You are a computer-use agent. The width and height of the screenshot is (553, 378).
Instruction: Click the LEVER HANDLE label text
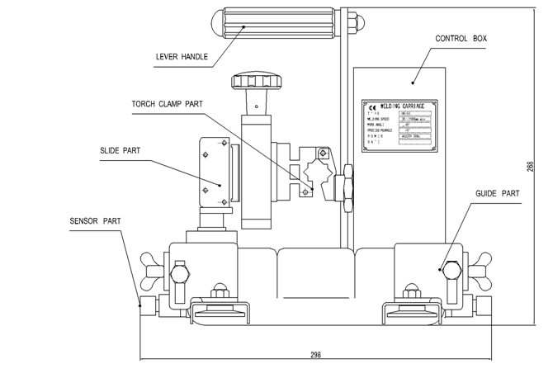(x=182, y=58)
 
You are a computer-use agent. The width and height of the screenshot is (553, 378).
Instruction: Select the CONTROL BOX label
(x=461, y=39)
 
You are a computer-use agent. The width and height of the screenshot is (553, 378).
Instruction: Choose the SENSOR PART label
(x=95, y=221)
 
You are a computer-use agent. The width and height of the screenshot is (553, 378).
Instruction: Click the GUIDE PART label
(x=498, y=194)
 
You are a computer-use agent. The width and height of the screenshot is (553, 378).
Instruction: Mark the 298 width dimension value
(x=316, y=355)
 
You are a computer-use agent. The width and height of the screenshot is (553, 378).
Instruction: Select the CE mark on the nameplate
(x=371, y=106)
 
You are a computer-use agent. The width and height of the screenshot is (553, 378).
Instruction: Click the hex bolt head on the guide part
(x=451, y=270)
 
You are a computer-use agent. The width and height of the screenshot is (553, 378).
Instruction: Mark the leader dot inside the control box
(x=412, y=82)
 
